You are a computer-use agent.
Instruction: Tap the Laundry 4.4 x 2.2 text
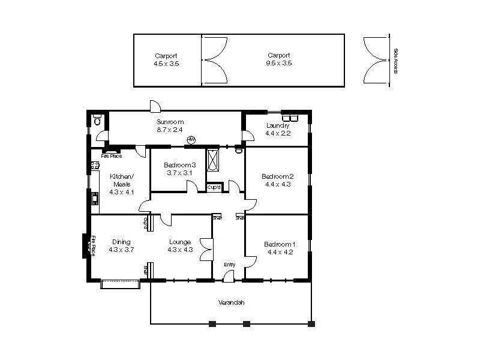click(277, 130)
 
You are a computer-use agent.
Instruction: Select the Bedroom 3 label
click(179, 169)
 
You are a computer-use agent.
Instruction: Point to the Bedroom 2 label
click(277, 181)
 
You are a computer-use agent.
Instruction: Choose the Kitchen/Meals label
click(122, 184)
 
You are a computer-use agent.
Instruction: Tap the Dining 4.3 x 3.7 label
click(121, 246)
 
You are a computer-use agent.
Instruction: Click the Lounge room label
click(179, 246)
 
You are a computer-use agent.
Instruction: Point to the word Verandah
click(231, 303)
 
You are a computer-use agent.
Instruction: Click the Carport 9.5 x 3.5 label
click(279, 59)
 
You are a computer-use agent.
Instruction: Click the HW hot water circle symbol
click(191, 140)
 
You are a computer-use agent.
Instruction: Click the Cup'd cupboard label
click(214, 187)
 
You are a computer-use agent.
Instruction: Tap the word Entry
click(230, 265)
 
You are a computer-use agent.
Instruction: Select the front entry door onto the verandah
click(228, 276)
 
